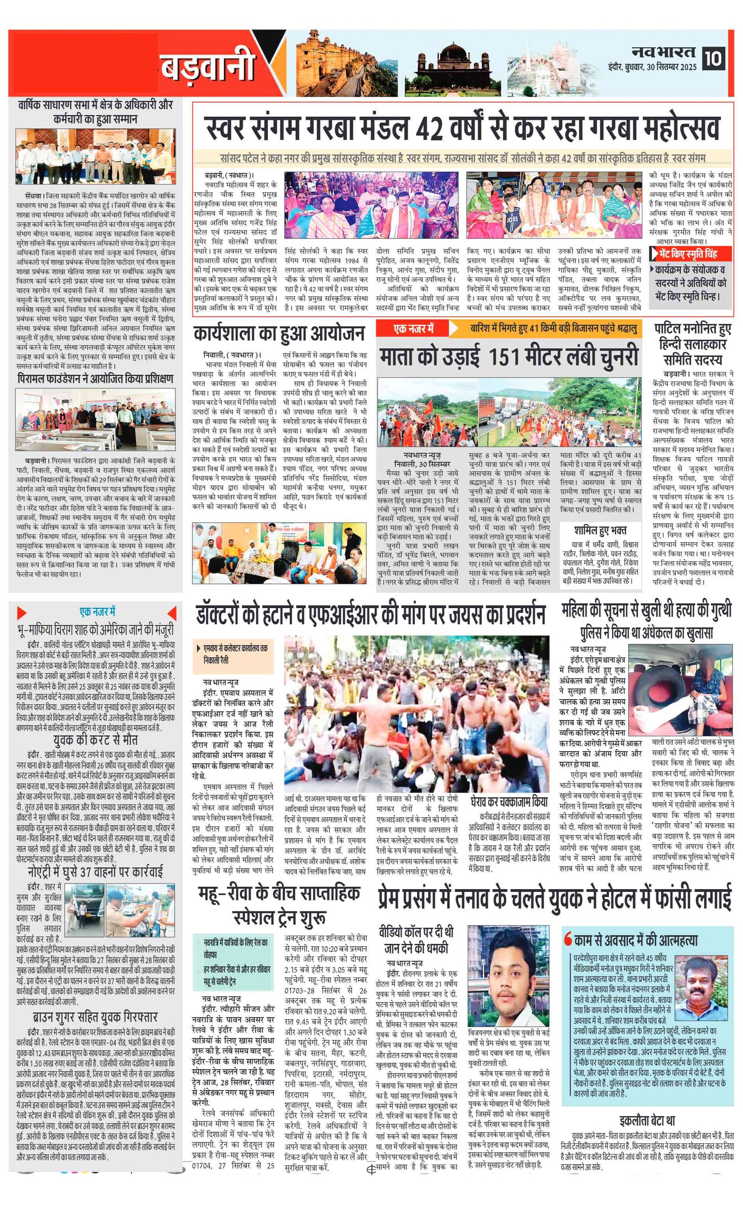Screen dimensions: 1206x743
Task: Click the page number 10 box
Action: (713, 59)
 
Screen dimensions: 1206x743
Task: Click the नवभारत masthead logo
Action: (664, 52)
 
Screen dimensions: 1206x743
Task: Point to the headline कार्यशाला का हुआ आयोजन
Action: (279, 334)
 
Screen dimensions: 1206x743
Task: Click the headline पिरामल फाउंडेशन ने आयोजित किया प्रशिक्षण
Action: (95, 379)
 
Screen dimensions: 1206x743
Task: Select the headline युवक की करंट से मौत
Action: (95, 740)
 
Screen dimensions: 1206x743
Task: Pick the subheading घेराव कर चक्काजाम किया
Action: (508, 802)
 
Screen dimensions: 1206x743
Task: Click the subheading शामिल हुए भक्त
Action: (600, 530)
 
